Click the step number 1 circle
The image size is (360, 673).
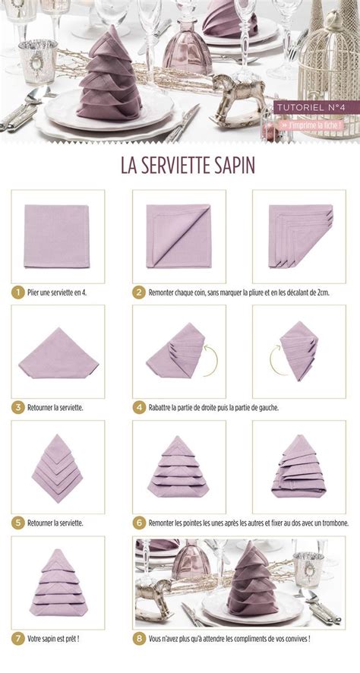[17, 291]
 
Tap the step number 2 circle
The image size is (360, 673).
[139, 291]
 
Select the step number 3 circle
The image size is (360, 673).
[17, 407]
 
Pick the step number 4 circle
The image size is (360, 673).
[139, 407]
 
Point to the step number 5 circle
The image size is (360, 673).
[17, 523]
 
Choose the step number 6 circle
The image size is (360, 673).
[139, 523]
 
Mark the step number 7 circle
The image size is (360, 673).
[17, 639]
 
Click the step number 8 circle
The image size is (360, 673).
[139, 639]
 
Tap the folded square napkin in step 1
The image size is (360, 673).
[58, 237]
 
